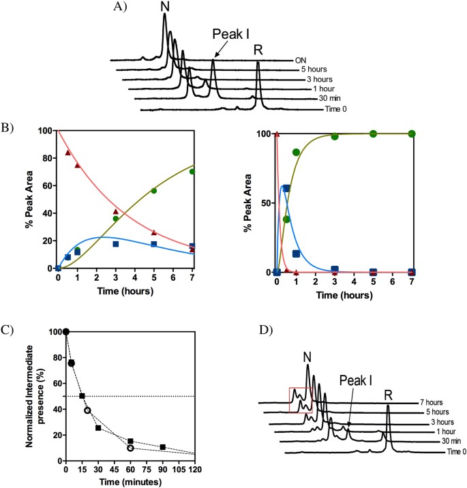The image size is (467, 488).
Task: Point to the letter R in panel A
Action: [258, 49]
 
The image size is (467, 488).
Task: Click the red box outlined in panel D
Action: [301, 400]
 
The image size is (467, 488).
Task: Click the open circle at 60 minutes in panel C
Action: [130, 448]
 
